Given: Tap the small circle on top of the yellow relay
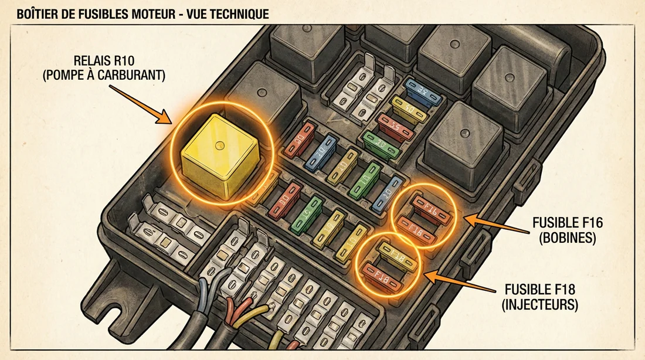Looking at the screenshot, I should pos(219,144).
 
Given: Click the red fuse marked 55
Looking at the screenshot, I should pos(399,125).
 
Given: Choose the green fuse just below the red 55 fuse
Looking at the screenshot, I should pos(382,142).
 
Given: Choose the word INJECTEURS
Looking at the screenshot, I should pos(548,304).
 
